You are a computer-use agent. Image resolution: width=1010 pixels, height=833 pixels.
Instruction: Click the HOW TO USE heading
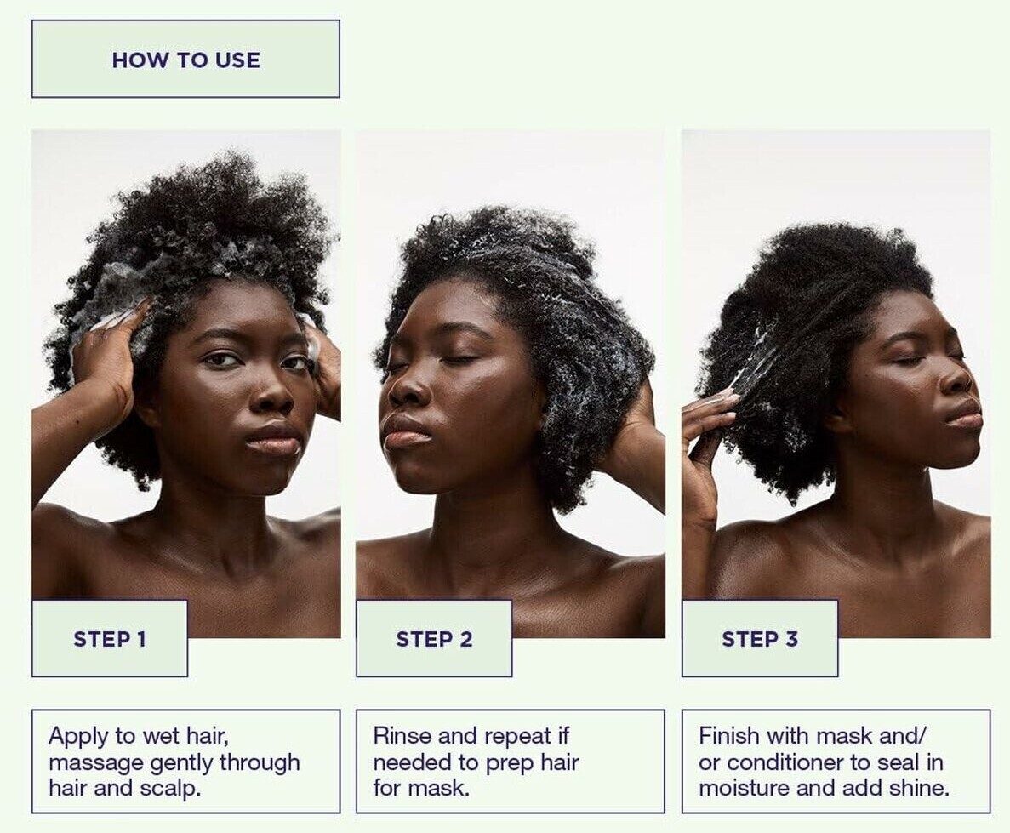[186, 60]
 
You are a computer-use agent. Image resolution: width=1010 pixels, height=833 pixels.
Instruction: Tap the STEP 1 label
[110, 639]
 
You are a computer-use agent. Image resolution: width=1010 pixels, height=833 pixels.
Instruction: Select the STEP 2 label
[434, 639]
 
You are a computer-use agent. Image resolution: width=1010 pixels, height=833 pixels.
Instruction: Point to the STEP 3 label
[760, 639]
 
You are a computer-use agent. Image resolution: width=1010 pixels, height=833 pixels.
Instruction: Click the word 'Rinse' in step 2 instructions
[398, 736]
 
